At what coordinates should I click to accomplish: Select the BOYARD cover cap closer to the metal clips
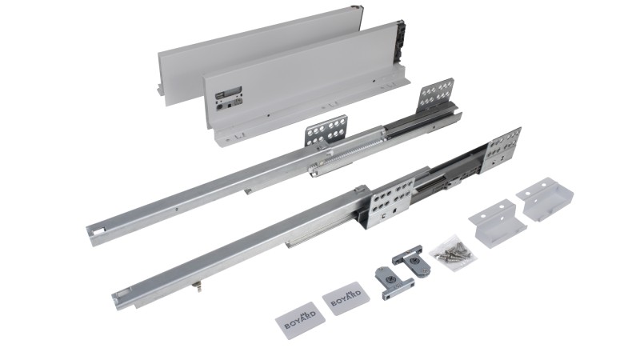point(346,298)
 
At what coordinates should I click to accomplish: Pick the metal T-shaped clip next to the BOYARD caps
point(393,282)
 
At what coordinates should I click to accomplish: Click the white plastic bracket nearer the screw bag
point(497,223)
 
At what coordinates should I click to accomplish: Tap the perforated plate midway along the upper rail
point(326,132)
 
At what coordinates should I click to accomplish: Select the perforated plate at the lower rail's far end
point(502,150)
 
